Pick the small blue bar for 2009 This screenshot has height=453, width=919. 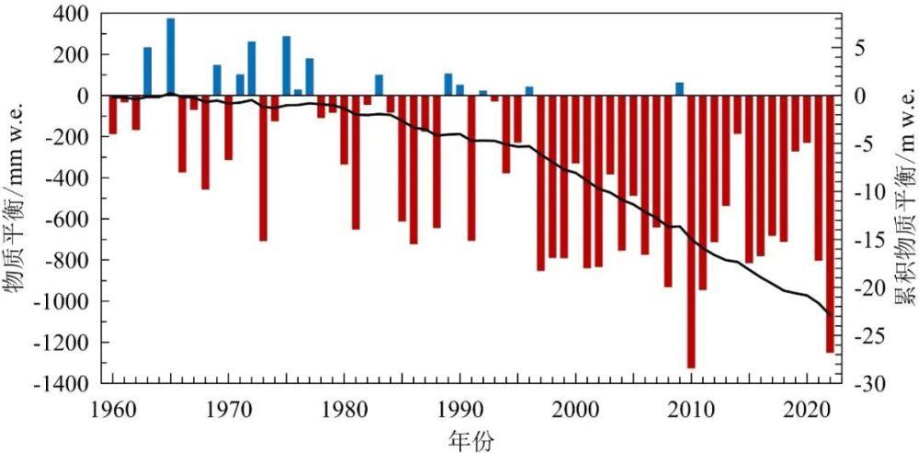point(680,89)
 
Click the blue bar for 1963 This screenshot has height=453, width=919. point(148,72)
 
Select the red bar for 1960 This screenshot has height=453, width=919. point(113,115)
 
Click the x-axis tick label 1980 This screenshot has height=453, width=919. point(345,407)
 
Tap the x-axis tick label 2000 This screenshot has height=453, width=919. point(576,407)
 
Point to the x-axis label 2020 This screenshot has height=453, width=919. point(807,407)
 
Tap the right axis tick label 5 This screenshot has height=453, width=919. point(859,48)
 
